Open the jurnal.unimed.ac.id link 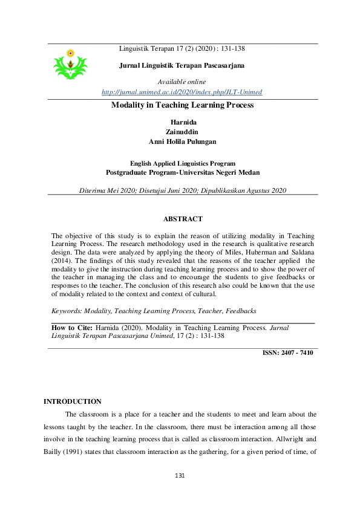pos(182,92)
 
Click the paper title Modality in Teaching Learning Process pos(182,105)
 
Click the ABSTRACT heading pos(183,219)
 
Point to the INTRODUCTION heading pos(73,401)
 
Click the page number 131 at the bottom pos(180,475)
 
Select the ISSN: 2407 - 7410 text pos(287,352)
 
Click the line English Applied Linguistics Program pos(183,163)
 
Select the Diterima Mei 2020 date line pos(182,190)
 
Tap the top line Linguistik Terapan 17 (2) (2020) pos(182,48)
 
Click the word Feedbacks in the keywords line pos(241,311)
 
